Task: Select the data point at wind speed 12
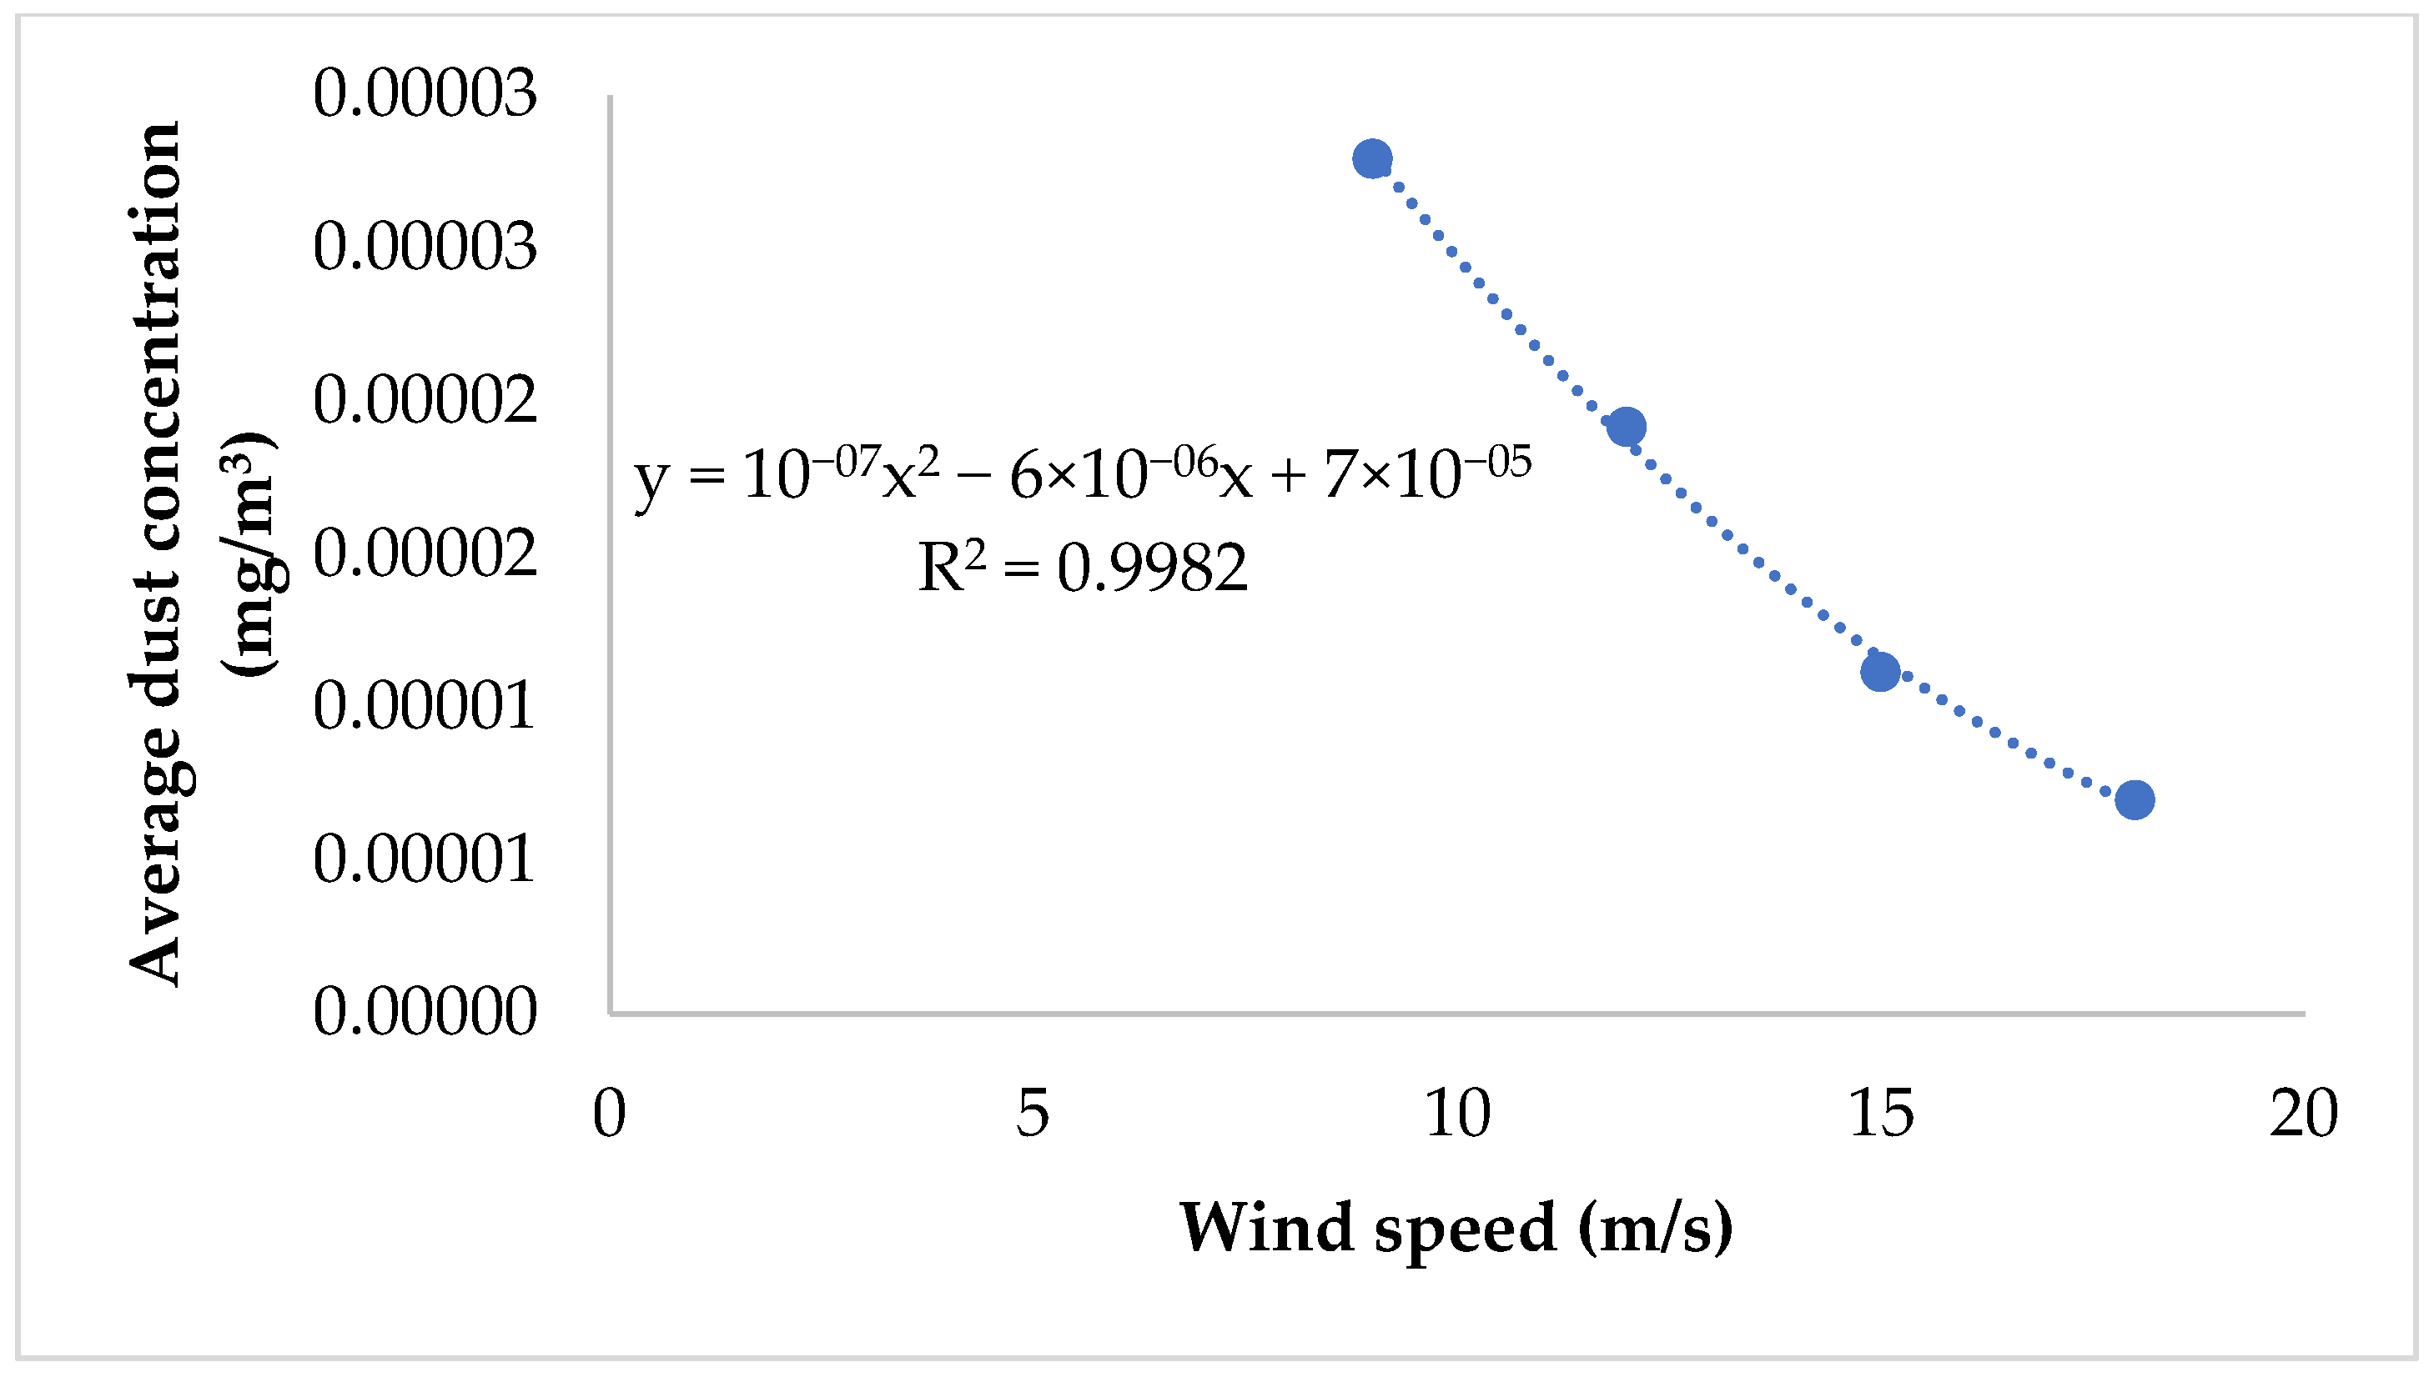coord(1626,427)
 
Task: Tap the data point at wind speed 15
coord(1880,672)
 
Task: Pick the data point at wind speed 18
coord(2135,800)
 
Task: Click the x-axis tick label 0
coord(610,1114)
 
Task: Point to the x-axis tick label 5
coord(1033,1114)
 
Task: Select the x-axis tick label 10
coord(1457,1114)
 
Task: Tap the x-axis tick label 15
coord(1880,1114)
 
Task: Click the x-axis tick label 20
coord(2303,1114)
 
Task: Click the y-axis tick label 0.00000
coord(425,1011)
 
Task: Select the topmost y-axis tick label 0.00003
coord(425,93)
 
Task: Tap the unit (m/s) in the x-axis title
coord(1655,1228)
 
